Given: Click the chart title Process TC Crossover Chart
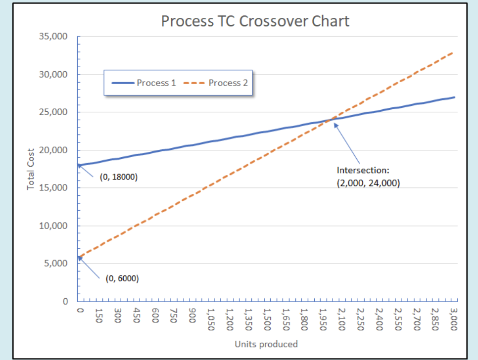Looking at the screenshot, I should (255, 21).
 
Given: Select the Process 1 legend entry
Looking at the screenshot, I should (144, 83).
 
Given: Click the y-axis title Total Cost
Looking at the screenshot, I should (31, 169).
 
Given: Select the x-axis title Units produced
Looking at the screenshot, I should (266, 344).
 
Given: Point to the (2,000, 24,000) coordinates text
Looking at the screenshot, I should (368, 182).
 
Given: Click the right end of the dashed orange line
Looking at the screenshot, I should (453, 52).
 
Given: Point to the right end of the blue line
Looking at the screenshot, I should (454, 97).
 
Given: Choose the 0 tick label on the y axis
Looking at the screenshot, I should (65, 301).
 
